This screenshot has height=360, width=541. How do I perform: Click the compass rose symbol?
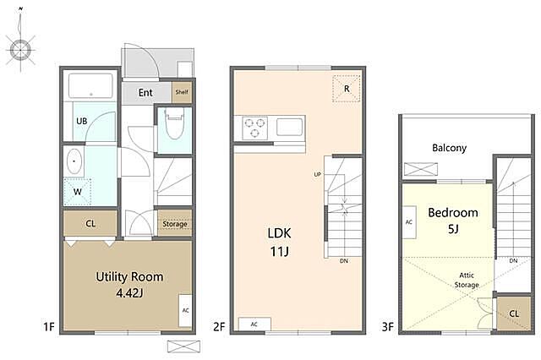[x=20, y=50]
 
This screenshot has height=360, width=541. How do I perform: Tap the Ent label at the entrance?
[x=145, y=92]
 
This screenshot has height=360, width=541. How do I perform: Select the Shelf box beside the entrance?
[x=182, y=92]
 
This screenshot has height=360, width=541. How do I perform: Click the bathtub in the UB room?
[x=90, y=85]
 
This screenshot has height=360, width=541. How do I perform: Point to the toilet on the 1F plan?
[x=174, y=123]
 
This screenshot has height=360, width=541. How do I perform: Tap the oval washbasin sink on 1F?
[x=74, y=161]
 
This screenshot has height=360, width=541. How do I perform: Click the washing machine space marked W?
[x=77, y=192]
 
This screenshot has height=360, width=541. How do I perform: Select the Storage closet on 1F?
[x=175, y=223]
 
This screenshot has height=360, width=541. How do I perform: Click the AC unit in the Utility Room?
[x=185, y=310]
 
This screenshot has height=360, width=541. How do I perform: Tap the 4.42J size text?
[x=129, y=293]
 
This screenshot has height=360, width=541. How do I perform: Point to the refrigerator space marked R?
[x=347, y=89]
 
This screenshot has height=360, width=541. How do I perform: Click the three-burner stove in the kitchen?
[x=255, y=128]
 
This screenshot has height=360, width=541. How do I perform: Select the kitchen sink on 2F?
[x=289, y=127]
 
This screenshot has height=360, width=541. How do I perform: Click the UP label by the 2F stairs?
[x=318, y=174]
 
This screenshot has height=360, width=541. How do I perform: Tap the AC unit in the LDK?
[x=254, y=325]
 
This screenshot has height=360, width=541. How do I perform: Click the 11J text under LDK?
[x=279, y=252]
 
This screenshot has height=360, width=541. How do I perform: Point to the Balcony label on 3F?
[x=449, y=148]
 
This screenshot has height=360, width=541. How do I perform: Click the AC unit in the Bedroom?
[x=409, y=222]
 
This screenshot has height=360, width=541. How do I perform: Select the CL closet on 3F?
[x=514, y=314]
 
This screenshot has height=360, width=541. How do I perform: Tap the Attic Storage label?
[x=467, y=280]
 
